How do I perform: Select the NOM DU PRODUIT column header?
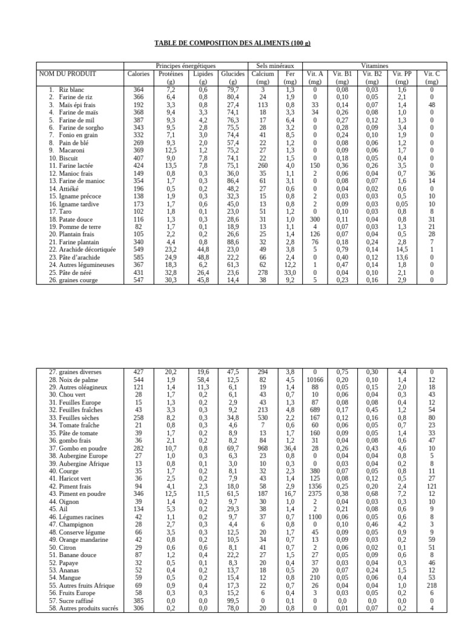tap(67, 74)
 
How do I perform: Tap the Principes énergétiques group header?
tap(185, 65)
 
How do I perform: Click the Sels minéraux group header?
tap(275, 65)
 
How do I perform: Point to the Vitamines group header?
tap(375, 65)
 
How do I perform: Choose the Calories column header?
tap(139, 74)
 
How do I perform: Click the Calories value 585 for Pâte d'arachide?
tap(139, 257)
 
